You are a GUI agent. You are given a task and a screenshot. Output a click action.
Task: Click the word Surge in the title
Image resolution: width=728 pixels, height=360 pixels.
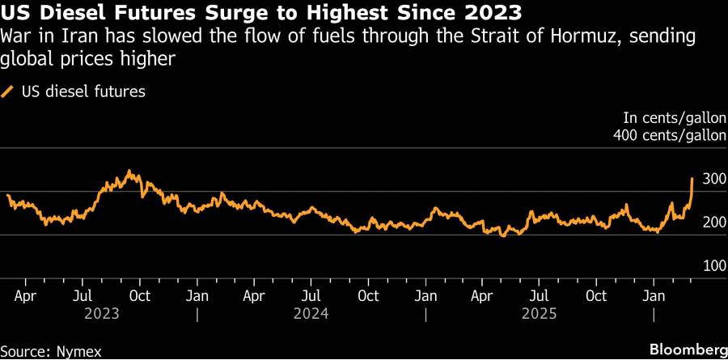pos(239,13)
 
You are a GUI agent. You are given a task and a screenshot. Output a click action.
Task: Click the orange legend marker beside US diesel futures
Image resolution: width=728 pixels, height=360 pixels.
pos(8,91)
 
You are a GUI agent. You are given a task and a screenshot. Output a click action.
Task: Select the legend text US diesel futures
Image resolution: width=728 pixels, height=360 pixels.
pos(83,91)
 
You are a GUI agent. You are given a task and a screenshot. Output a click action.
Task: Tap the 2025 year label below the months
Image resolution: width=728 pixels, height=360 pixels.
pos(539,312)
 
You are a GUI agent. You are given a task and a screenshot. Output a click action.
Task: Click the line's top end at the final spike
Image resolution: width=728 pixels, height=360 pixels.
pos(692,178)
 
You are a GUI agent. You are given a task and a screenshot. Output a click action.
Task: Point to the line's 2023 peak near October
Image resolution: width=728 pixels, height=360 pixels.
pos(129,172)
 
